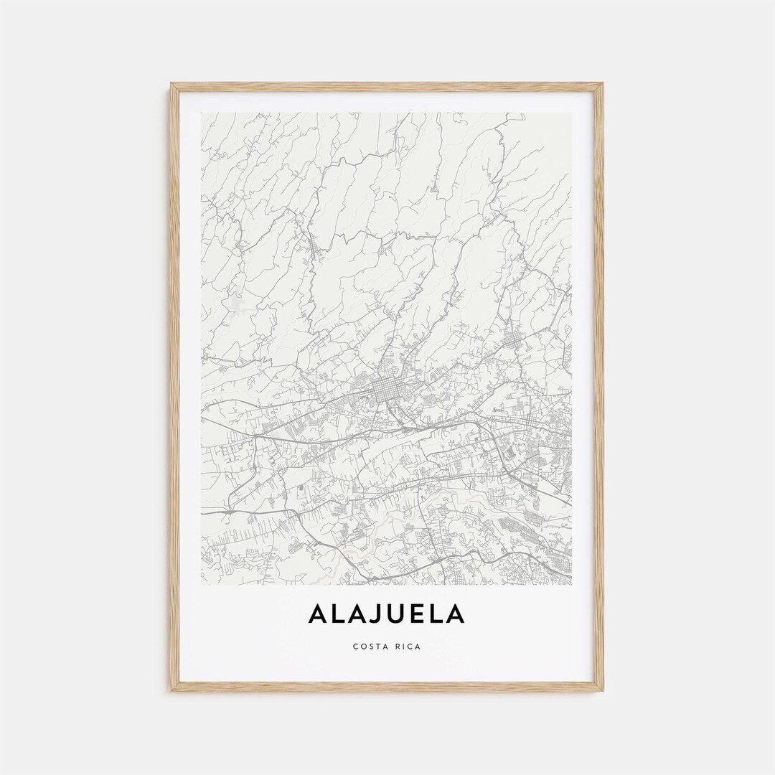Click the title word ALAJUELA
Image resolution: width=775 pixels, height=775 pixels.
[387, 614]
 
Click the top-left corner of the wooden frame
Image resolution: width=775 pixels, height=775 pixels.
[172, 85]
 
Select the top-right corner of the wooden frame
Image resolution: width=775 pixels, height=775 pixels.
[602, 85]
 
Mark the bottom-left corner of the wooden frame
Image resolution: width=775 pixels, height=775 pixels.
[172, 690]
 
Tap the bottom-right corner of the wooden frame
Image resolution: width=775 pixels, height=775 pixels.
[602, 690]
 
